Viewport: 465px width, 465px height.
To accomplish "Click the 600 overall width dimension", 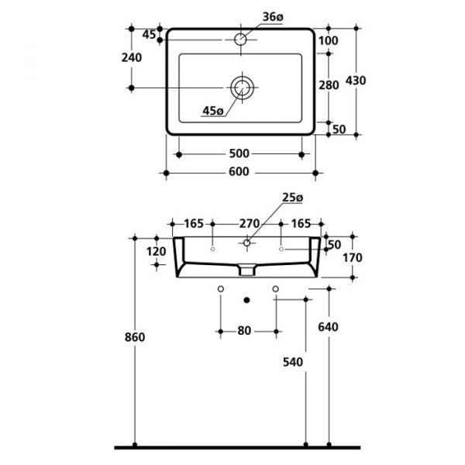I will (x=239, y=172).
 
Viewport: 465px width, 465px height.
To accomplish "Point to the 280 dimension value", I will (x=329, y=85).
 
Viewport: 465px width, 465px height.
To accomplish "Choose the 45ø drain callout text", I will (x=212, y=111).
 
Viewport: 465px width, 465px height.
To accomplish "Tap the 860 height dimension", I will (x=135, y=338).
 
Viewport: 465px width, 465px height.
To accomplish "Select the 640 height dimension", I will (x=329, y=328).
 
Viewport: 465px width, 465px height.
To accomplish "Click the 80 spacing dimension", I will (x=244, y=331).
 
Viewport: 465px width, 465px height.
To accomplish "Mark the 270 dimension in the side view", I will (x=249, y=223).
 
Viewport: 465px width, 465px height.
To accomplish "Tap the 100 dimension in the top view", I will (x=329, y=40).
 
